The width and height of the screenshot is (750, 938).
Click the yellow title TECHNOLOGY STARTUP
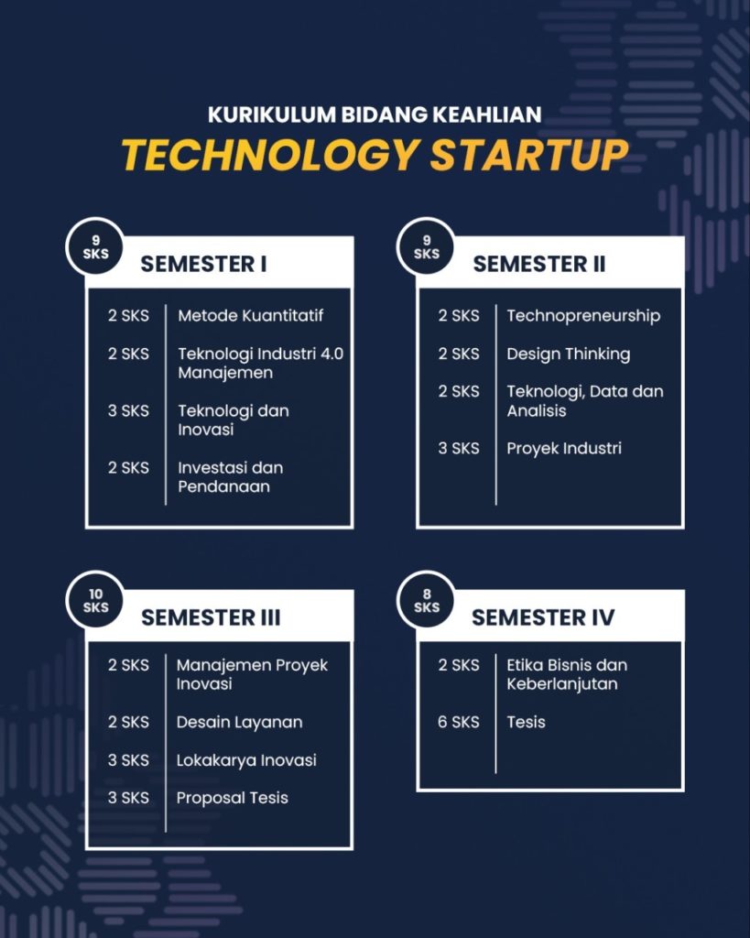[x=375, y=155]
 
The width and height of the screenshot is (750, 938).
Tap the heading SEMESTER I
[x=203, y=264]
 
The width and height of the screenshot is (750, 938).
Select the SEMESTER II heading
[x=538, y=264]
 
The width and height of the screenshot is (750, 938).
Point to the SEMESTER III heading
[x=211, y=617]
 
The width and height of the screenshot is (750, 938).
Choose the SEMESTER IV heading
[x=543, y=617]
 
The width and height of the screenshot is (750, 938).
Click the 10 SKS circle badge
[x=95, y=601]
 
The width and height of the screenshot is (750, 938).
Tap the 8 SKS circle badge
[x=427, y=601]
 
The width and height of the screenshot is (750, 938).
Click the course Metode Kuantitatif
[x=251, y=315]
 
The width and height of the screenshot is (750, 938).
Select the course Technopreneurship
[x=583, y=316]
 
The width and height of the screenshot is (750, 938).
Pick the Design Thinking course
[x=568, y=354]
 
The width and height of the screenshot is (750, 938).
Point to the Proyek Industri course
[x=564, y=449]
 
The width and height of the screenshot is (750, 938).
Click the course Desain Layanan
[x=239, y=722]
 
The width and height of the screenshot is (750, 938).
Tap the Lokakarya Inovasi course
[x=246, y=760]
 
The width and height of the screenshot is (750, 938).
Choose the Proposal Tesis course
[x=232, y=798]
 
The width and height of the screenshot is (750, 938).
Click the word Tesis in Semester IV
[x=526, y=722]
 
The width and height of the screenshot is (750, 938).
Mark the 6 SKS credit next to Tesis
[x=458, y=722]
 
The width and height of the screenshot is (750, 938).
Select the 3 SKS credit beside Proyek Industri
[x=458, y=448]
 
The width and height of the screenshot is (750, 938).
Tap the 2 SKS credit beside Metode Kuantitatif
[x=128, y=315]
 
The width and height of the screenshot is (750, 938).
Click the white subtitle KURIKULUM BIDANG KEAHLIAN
[x=375, y=115]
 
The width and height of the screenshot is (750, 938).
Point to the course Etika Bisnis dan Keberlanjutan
[x=566, y=675]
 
